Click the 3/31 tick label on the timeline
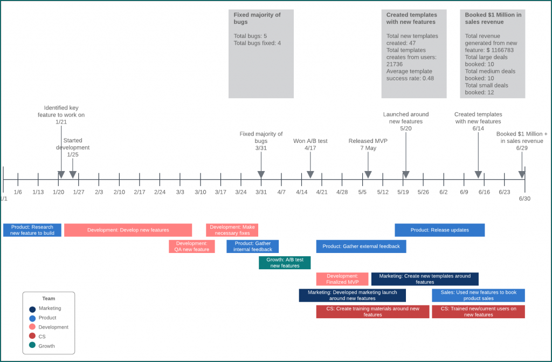click(x=261, y=192)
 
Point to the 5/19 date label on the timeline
click(x=403, y=192)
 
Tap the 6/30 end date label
click(x=525, y=199)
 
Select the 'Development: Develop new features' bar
click(x=128, y=230)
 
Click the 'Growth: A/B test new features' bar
click(x=285, y=263)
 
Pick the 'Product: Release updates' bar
click(x=439, y=230)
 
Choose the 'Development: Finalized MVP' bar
click(x=342, y=279)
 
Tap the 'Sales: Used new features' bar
click(x=478, y=295)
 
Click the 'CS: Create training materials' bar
click(x=372, y=312)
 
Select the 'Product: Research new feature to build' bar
click(x=32, y=230)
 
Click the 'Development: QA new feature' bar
click(x=192, y=247)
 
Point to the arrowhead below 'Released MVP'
click(x=368, y=174)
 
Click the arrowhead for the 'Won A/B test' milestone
click(x=310, y=174)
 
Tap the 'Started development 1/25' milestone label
click(x=73, y=147)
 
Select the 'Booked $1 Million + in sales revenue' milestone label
click(x=522, y=141)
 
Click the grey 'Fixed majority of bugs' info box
click(x=261, y=54)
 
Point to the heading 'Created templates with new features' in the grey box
click(x=412, y=18)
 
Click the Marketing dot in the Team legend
click(x=32, y=309)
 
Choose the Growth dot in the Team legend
click(x=32, y=346)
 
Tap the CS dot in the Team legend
click(x=32, y=337)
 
